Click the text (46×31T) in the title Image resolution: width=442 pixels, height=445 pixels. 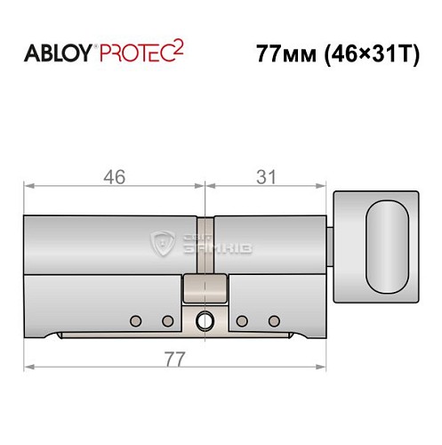point(363,53)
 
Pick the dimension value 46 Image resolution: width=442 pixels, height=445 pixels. point(113,176)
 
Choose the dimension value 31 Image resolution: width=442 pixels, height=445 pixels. point(265,176)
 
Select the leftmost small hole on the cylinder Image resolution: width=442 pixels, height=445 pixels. point(134,320)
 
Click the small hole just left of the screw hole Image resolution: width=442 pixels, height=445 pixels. point(165,320)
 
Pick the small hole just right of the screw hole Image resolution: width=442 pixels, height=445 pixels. point(242,320)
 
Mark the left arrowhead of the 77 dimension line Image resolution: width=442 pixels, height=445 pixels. point(28,365)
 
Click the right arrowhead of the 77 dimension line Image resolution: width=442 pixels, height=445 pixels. point(325,365)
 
